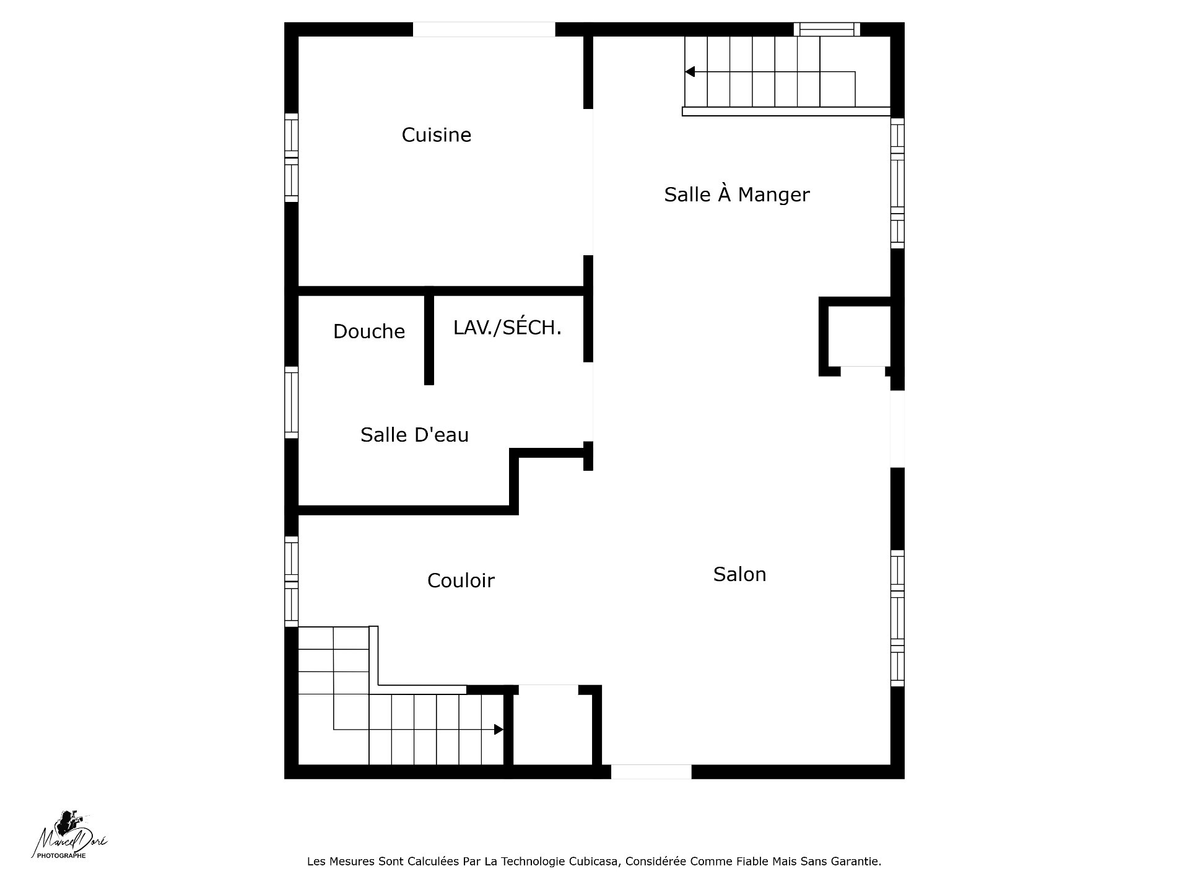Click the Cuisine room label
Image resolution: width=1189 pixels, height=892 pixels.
pyautogui.click(x=437, y=135)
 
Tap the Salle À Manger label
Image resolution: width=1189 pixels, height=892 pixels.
pyautogui.click(x=737, y=194)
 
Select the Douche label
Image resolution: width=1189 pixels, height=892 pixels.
pyautogui.click(x=369, y=331)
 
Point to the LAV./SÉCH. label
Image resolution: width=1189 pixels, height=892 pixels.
pyautogui.click(x=507, y=328)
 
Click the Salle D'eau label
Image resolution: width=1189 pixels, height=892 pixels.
pyautogui.click(x=414, y=435)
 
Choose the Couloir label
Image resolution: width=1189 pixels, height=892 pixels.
pyautogui.click(x=461, y=580)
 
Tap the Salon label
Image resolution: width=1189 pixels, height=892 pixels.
pyautogui.click(x=739, y=574)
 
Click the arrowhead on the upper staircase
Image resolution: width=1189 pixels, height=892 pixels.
pyautogui.click(x=690, y=72)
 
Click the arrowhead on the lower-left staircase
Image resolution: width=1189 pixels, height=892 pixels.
pyautogui.click(x=499, y=730)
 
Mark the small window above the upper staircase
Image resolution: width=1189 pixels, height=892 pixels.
pyautogui.click(x=827, y=29)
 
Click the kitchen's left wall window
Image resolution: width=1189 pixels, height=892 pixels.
pyautogui.click(x=291, y=157)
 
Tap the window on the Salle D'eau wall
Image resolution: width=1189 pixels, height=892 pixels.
pyautogui.click(x=291, y=403)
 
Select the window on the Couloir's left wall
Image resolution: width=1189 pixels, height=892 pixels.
pyautogui.click(x=291, y=581)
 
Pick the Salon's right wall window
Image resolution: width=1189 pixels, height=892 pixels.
pyautogui.click(x=897, y=618)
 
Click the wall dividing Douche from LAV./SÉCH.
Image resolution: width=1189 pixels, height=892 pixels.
pyautogui.click(x=429, y=339)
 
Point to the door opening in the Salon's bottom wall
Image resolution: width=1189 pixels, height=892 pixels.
pyautogui.click(x=651, y=772)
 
